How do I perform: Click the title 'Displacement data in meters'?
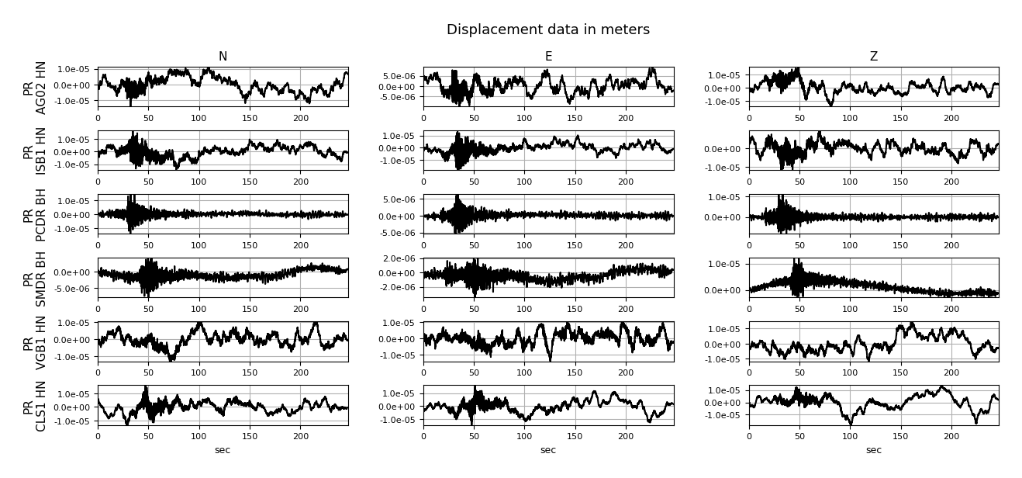point(548,29)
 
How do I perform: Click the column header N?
point(223,56)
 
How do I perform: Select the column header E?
point(548,56)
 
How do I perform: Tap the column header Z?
point(874,56)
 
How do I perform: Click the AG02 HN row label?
point(35,88)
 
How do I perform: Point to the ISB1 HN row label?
point(35,151)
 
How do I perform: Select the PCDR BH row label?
point(35,215)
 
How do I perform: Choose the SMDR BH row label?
point(35,279)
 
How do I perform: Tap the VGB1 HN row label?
point(35,342)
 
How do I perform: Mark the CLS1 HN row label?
point(35,406)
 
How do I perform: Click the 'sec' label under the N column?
point(223,450)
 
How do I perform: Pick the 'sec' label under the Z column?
point(874,450)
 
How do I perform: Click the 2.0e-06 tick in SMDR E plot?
point(399,259)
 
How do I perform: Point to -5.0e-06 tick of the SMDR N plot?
point(72,289)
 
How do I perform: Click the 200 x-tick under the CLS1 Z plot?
point(951,436)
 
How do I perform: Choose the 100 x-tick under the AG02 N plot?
point(199,118)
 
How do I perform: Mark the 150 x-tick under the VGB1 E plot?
point(575,372)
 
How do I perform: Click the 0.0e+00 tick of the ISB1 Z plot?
point(724,149)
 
